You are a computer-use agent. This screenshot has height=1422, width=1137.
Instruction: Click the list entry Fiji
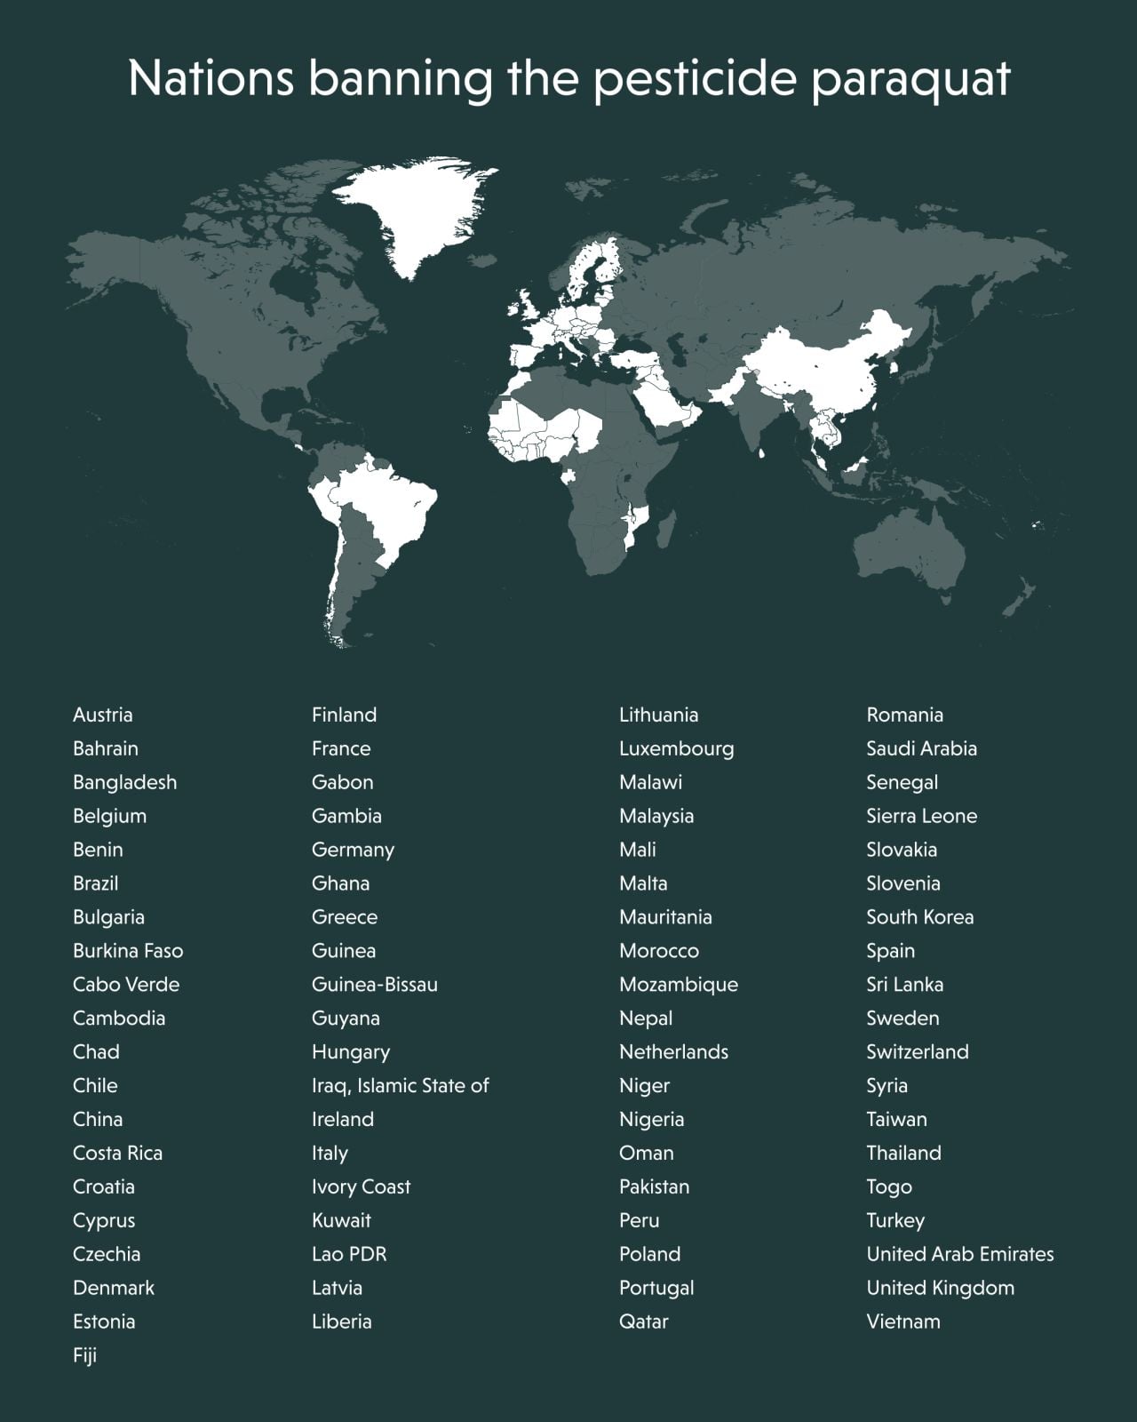pyautogui.click(x=84, y=1355)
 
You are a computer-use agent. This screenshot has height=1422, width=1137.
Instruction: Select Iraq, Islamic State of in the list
pyautogui.click(x=400, y=1085)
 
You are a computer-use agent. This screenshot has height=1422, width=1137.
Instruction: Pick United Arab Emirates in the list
pyautogui.click(x=959, y=1254)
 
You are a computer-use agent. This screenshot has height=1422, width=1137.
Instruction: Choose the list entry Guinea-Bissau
pyautogui.click(x=374, y=984)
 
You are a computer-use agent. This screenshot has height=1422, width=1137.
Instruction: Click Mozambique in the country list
pyautogui.click(x=678, y=984)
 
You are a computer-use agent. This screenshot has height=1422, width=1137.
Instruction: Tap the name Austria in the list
pyautogui.click(x=102, y=715)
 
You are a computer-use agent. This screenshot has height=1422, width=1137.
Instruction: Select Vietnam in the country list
pyautogui.click(x=902, y=1322)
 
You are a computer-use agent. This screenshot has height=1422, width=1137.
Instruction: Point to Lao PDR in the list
pyautogui.click(x=348, y=1254)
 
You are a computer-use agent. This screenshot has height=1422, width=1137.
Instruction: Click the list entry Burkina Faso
pyautogui.click(x=127, y=950)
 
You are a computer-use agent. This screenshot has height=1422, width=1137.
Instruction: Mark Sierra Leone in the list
pyautogui.click(x=921, y=816)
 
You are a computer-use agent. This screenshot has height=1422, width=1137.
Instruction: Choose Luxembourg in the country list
pyautogui.click(x=676, y=748)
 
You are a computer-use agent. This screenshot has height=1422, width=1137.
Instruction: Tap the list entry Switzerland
pyautogui.click(x=917, y=1051)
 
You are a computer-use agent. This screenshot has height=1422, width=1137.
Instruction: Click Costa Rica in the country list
pyautogui.click(x=117, y=1153)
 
